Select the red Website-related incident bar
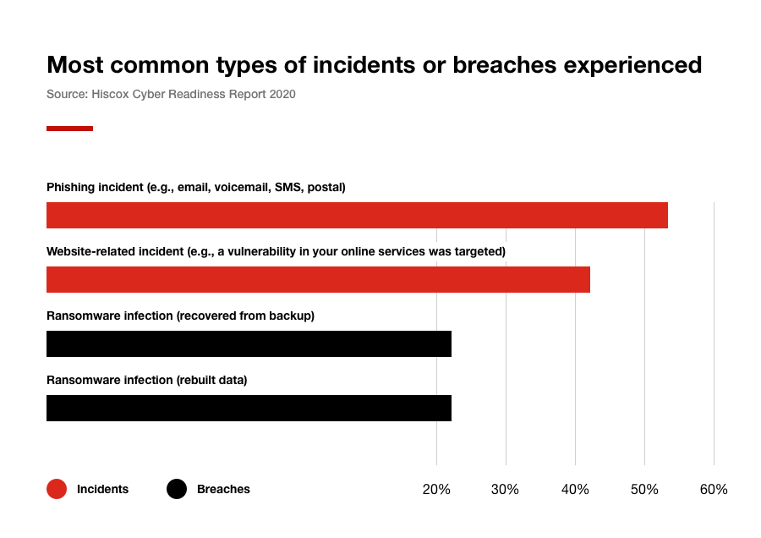click(318, 280)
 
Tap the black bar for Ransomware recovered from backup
click(249, 344)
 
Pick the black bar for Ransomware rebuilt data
click(249, 409)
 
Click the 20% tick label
click(436, 490)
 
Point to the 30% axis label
click(506, 490)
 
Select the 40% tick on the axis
click(575, 490)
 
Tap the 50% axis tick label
click(644, 490)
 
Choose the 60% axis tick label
click(713, 490)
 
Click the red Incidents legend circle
click(57, 489)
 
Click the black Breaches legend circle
click(177, 489)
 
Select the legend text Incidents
click(102, 489)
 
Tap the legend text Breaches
click(223, 489)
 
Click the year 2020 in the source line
click(282, 95)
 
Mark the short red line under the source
click(69, 129)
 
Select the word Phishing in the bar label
click(72, 187)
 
